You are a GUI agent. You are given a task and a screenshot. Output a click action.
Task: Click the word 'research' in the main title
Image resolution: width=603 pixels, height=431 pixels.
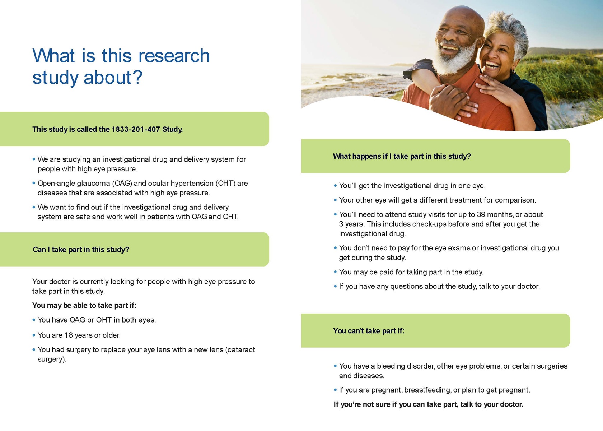click(174, 56)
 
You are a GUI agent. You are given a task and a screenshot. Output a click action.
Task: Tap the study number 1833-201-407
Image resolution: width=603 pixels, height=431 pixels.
click(136, 129)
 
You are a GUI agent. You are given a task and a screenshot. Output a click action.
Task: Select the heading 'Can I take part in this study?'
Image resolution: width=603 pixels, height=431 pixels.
click(81, 249)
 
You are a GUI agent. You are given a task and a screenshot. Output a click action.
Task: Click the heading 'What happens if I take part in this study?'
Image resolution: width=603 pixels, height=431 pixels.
click(402, 156)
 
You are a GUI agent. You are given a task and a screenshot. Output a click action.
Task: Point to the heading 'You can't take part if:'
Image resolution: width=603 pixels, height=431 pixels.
click(369, 330)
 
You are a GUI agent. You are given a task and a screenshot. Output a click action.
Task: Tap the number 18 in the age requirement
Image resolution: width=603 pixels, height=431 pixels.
click(69, 335)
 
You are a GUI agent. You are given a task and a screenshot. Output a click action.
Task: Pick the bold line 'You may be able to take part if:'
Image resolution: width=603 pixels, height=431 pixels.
click(84, 305)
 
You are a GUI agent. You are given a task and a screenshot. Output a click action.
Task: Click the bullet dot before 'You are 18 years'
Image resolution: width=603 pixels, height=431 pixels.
click(34, 335)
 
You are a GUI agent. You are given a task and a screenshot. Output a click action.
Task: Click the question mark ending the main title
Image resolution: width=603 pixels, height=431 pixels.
click(137, 77)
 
